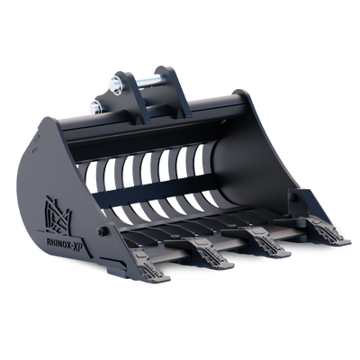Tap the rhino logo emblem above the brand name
tap(58, 215)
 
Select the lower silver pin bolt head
tap(95, 108)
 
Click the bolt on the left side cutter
tap(103, 231)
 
